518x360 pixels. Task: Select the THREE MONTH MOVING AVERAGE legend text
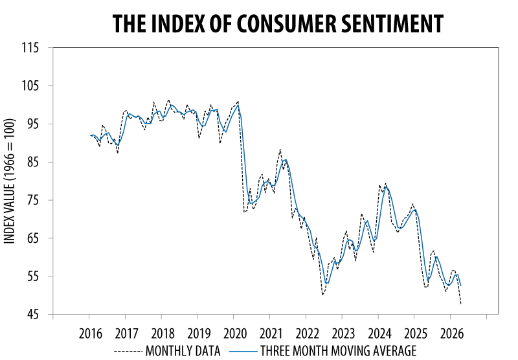click(337, 351)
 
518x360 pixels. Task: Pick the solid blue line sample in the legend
click(243, 351)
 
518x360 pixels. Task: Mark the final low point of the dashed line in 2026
click(460, 303)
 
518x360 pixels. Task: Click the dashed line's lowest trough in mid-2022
click(322, 295)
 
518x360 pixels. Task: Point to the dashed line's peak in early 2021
click(280, 150)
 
